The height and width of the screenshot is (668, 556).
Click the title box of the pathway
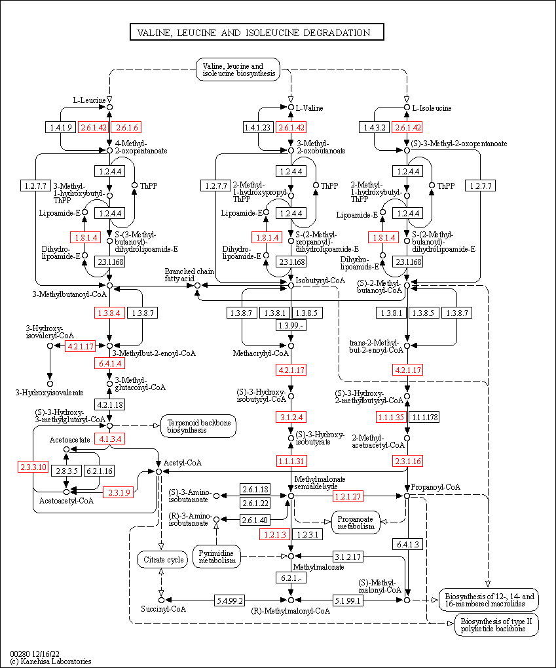pyautogui.click(x=256, y=32)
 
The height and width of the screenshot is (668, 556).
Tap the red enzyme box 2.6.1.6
pyautogui.click(x=128, y=127)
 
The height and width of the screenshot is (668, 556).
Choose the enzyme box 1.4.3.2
pyautogui.click(x=375, y=127)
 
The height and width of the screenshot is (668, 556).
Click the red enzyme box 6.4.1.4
pyautogui.click(x=110, y=363)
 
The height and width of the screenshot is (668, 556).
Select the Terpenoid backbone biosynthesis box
pyautogui.click(x=198, y=426)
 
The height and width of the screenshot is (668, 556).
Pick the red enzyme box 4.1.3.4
pyautogui.click(x=110, y=439)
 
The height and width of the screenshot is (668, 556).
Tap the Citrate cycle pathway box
pyautogui.click(x=161, y=559)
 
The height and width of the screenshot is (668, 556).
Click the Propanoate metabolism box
pyautogui.click(x=356, y=522)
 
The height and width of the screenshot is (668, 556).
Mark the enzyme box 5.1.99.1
pyautogui.click(x=348, y=600)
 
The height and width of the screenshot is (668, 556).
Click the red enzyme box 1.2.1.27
pyautogui.click(x=348, y=496)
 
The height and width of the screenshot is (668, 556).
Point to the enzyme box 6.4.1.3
pyautogui.click(x=407, y=544)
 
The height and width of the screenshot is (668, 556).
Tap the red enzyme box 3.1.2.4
pyautogui.click(x=291, y=417)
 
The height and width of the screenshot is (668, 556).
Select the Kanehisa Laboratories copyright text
pyautogui.click(x=50, y=661)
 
